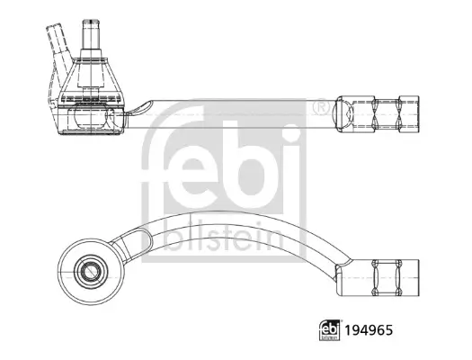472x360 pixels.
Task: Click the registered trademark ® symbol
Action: (319, 107)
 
